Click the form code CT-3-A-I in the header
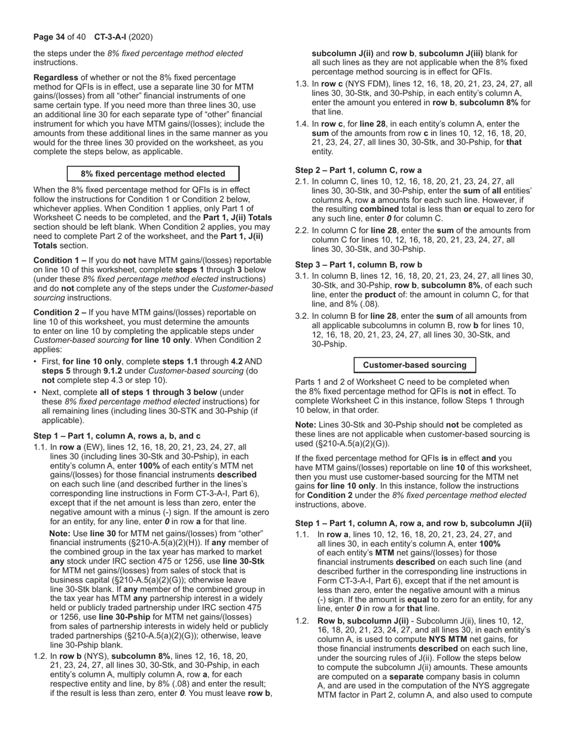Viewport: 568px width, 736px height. click(114, 37)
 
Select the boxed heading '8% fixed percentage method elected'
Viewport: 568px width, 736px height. click(153, 174)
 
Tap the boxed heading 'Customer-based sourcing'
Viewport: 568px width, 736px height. click(414, 365)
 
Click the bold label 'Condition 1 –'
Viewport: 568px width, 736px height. click(60, 261)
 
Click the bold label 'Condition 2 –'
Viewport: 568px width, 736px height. click(60, 312)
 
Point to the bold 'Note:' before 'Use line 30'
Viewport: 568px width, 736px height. click(60, 533)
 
